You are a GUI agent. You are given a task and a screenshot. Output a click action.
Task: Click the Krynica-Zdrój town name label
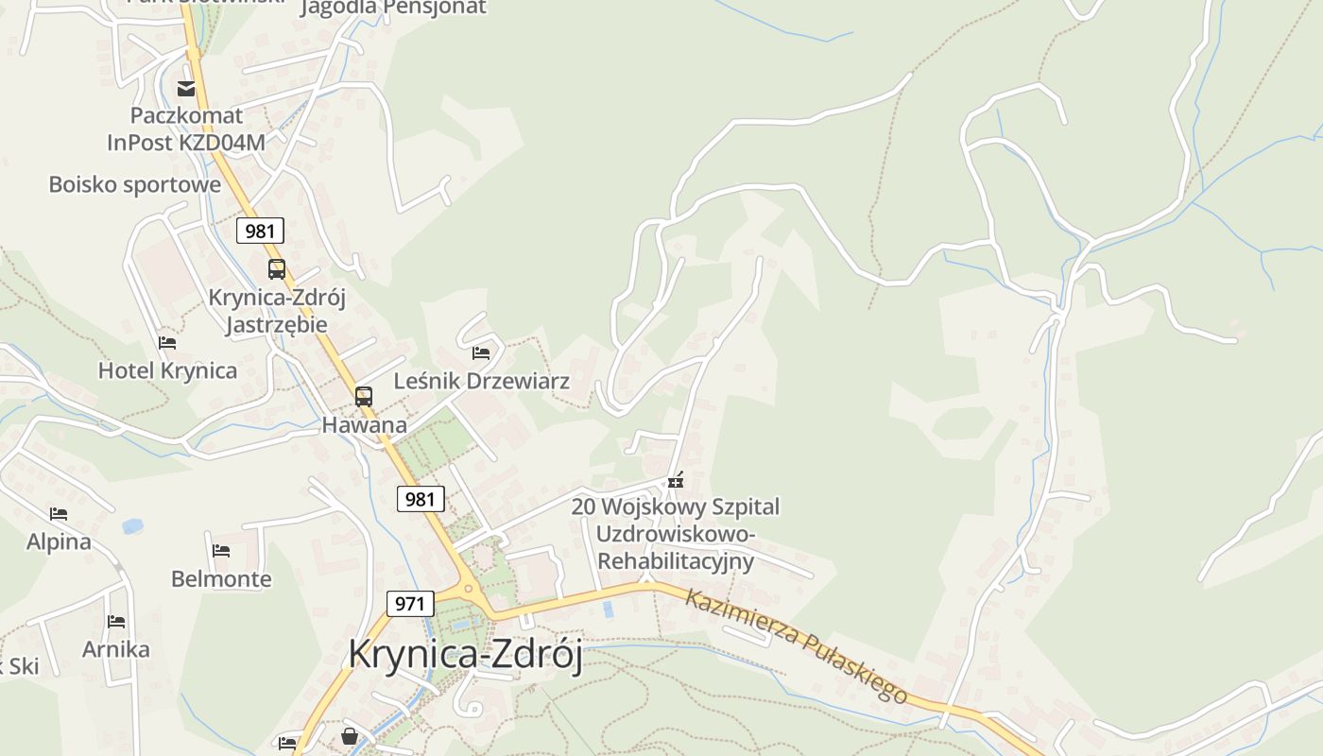465,654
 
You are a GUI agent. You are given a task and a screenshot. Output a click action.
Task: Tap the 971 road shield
410,603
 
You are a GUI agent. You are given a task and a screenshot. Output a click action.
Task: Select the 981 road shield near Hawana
420,499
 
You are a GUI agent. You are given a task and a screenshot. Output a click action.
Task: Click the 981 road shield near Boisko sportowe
260,231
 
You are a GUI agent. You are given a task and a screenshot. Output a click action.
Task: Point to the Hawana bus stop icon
364,397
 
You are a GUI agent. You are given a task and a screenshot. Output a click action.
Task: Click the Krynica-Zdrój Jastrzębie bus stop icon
276,269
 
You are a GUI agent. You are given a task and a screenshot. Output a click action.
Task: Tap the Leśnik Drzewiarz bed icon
481,353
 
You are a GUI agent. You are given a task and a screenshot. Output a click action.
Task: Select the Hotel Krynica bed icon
167,342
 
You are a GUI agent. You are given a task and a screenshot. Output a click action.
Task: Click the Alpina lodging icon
59,514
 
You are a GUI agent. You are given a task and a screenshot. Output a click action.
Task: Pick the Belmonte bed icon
221,550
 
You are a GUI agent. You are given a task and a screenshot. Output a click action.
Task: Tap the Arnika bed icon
116,621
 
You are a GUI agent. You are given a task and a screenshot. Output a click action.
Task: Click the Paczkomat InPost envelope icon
186,89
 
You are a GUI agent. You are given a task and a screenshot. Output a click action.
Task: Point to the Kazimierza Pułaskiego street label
797,645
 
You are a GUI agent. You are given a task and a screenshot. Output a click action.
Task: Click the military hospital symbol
675,481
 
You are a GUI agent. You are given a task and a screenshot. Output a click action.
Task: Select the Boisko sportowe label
135,184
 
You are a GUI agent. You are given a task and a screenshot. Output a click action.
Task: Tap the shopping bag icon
350,735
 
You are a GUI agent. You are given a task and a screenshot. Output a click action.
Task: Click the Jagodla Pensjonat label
393,8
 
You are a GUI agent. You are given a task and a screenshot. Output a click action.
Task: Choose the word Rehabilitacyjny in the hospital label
677,560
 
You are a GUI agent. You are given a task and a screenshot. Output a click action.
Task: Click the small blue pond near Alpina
132,525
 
